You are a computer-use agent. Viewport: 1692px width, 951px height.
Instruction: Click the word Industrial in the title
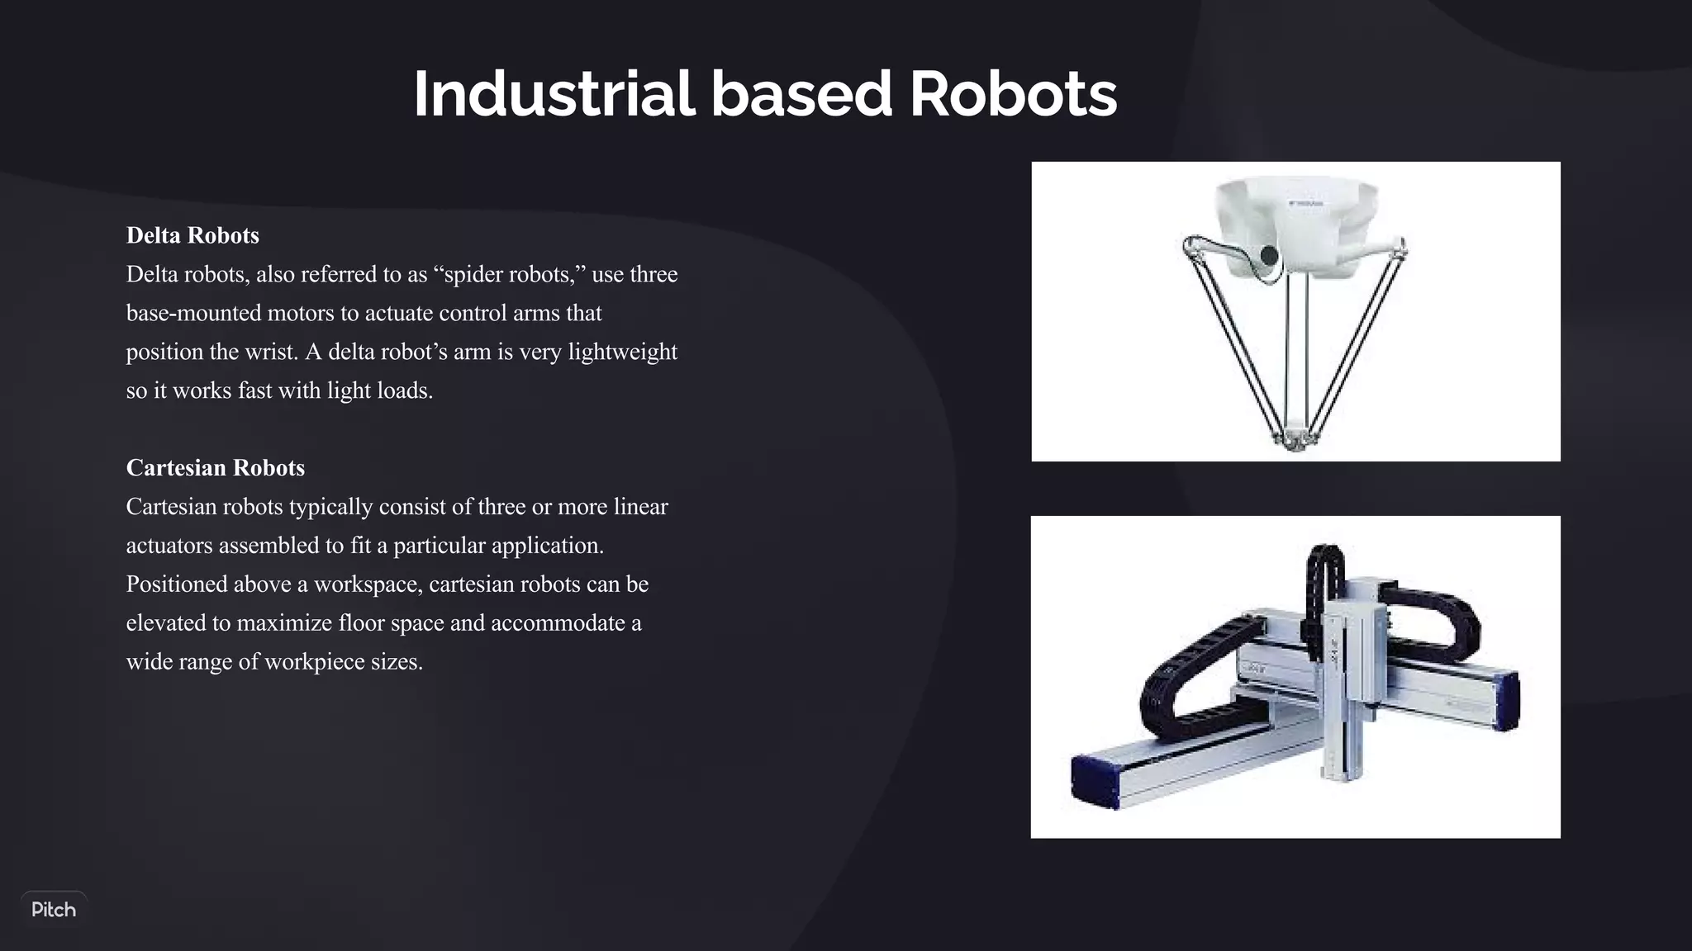554,94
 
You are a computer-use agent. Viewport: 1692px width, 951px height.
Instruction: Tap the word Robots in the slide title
1013,94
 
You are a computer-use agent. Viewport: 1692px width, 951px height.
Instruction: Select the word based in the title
801,94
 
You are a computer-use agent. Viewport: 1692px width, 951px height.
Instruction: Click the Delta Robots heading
192,236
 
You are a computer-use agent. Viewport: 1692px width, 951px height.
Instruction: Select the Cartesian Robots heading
215,468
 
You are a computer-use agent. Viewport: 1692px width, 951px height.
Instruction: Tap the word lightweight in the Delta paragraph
622,352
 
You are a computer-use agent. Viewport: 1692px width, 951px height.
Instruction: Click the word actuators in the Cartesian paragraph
169,546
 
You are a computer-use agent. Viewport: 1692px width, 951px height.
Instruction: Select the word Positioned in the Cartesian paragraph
177,584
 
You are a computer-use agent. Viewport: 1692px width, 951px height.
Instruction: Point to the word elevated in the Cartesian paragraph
166,623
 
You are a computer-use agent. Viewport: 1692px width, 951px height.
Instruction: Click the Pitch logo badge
54,910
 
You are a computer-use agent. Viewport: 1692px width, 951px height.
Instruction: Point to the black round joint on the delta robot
1269,254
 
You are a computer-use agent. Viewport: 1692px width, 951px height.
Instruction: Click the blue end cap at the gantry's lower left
1092,780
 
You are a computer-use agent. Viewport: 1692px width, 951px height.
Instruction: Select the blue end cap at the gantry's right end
1507,702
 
